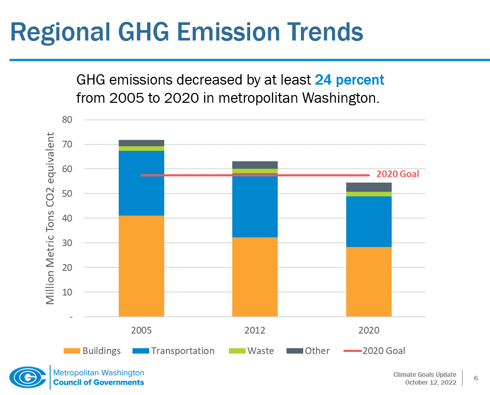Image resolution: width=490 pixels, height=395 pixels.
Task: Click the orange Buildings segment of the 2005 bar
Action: tap(141, 266)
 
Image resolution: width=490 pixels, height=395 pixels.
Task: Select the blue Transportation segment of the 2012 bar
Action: tap(254, 205)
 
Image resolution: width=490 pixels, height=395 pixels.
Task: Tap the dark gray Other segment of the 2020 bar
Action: tap(368, 187)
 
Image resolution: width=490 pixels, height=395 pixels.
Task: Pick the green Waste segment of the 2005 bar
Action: tap(141, 148)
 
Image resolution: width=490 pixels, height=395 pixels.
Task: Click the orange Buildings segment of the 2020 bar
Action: tap(368, 281)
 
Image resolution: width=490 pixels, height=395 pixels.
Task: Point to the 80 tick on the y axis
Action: tap(67, 120)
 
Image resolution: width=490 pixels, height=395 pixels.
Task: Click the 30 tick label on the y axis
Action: tap(67, 243)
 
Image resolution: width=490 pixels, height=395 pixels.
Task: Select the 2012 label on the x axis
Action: tap(254, 330)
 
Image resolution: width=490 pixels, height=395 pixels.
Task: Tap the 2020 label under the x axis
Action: tap(368, 330)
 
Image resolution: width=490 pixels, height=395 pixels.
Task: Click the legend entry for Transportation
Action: tap(175, 351)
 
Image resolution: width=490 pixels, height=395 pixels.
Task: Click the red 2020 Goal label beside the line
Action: tap(397, 174)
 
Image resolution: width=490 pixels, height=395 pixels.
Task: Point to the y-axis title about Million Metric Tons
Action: tap(50, 218)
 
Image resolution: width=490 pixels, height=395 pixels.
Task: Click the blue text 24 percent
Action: tap(349, 80)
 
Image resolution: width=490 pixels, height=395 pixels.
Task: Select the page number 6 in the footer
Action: tap(475, 378)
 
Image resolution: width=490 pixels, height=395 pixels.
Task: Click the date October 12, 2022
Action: tap(431, 383)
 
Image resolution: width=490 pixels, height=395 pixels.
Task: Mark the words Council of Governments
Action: tap(98, 383)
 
